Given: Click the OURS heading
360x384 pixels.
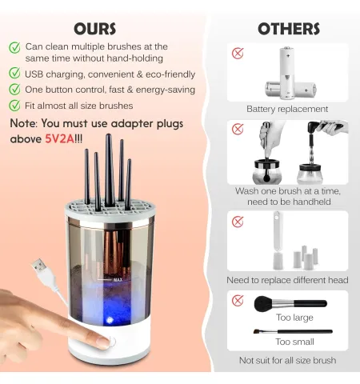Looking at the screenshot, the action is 94,29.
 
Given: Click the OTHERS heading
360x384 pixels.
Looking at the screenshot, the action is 289,29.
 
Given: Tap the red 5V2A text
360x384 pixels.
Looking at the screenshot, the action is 59,138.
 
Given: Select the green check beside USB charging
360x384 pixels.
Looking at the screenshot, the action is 14,73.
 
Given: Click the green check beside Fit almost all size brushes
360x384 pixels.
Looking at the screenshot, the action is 14,105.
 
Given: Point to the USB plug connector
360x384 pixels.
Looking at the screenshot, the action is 40,266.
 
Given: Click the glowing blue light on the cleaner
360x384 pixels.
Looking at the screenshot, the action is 109,320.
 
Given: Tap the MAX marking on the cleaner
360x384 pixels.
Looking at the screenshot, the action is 118,280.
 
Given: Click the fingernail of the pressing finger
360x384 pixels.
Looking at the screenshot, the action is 103,342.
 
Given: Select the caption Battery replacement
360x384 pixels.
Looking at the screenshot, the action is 287,109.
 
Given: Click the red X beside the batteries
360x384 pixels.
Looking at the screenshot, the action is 238,53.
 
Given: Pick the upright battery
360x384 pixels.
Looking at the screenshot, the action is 287,73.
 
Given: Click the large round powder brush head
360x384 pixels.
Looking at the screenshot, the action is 264,304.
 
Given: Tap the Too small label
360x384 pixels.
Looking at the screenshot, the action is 294,342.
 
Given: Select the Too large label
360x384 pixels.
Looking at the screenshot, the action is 294,318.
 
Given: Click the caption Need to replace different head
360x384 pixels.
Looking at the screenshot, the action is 287,280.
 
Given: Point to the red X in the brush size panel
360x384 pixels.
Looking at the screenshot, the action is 238,300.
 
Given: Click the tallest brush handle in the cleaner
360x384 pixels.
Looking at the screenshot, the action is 109,170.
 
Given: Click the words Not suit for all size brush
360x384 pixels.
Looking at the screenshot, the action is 287,360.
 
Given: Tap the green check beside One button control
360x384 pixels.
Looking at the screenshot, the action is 14,89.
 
